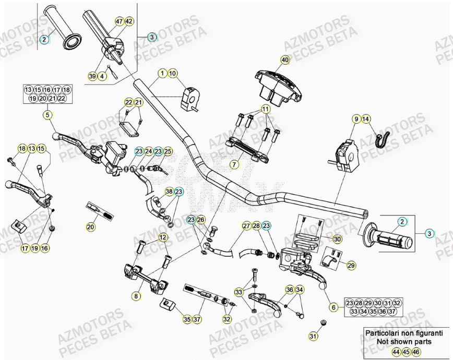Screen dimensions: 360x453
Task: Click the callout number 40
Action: pyautogui.click(x=284, y=60)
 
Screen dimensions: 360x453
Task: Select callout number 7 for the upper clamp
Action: pyautogui.click(x=234, y=164)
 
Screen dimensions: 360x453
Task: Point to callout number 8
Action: pyautogui.click(x=136, y=296)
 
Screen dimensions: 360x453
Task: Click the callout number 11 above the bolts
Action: pyautogui.click(x=266, y=110)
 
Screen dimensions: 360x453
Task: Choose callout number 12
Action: pyautogui.click(x=163, y=238)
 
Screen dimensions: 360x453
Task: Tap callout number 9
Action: pyautogui.click(x=356, y=119)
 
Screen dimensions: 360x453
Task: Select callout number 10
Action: pyautogui.click(x=173, y=73)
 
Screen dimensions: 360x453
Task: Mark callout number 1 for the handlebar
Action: pyautogui.click(x=163, y=73)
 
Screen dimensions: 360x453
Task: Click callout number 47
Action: pyautogui.click(x=119, y=21)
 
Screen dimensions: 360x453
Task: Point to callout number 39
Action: pyautogui.click(x=92, y=77)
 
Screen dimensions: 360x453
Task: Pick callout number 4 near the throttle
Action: pyautogui.click(x=102, y=77)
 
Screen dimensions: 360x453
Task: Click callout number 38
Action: pyautogui.click(x=169, y=192)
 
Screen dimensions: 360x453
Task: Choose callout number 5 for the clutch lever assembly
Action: pyautogui.click(x=47, y=114)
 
